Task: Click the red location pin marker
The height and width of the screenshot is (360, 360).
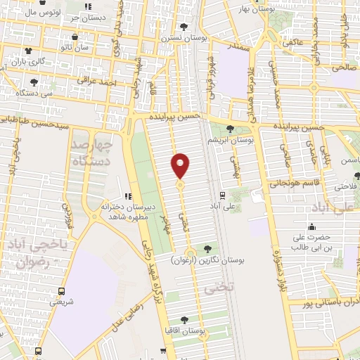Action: coord(181,165)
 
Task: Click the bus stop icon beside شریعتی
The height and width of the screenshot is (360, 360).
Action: coord(62,290)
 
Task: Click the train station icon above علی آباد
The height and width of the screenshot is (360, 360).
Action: coord(222,195)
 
